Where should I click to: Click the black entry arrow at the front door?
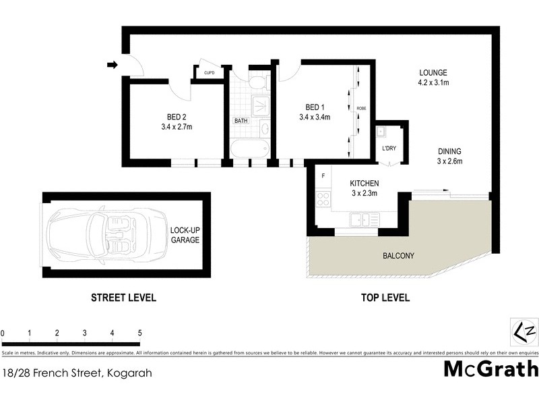tap(112, 65)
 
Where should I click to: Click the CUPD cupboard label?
tap(209, 73)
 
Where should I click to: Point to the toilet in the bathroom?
tap(256, 82)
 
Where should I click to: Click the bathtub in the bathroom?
tap(249, 148)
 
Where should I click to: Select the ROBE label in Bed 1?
tap(361, 108)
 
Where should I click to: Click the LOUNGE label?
tap(433, 73)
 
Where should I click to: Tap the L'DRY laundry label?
tap(389, 148)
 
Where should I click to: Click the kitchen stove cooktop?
tap(323, 199)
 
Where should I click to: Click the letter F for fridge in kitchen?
tap(323, 176)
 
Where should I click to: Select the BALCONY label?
tap(398, 256)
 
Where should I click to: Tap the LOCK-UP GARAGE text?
tap(185, 235)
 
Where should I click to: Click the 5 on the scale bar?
tap(139, 333)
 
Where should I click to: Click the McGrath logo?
tap(490, 369)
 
